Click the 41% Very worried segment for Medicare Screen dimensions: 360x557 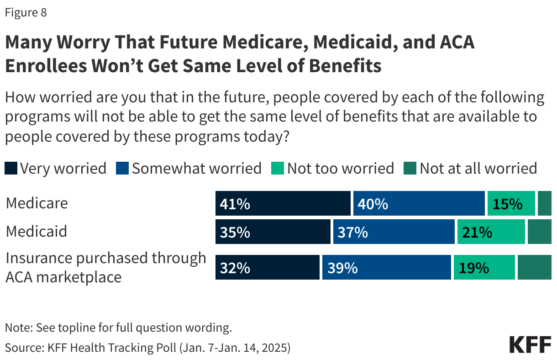click(283, 204)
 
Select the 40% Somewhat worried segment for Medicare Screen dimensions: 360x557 click(419, 204)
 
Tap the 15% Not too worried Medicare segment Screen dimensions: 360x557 click(511, 204)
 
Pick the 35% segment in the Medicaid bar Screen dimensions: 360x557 click(273, 232)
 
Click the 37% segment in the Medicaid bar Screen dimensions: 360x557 click(394, 232)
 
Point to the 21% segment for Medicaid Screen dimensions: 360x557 click(491, 232)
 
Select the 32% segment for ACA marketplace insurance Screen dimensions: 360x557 click(267, 267)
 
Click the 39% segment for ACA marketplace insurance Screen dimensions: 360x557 click(386, 267)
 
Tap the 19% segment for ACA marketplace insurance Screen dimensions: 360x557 click(484, 267)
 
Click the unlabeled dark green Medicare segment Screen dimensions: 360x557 click(544, 204)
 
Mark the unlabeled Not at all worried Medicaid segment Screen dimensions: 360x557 click(539, 232)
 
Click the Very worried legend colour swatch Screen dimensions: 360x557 click(11, 169)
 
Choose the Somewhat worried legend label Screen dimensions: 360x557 click(196, 169)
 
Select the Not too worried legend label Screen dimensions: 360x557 click(340, 169)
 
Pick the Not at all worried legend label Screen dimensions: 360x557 click(478, 169)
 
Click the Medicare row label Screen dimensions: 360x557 click(37, 203)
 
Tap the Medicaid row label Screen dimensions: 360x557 click(37, 231)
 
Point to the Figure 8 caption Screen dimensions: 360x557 click(26, 13)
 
